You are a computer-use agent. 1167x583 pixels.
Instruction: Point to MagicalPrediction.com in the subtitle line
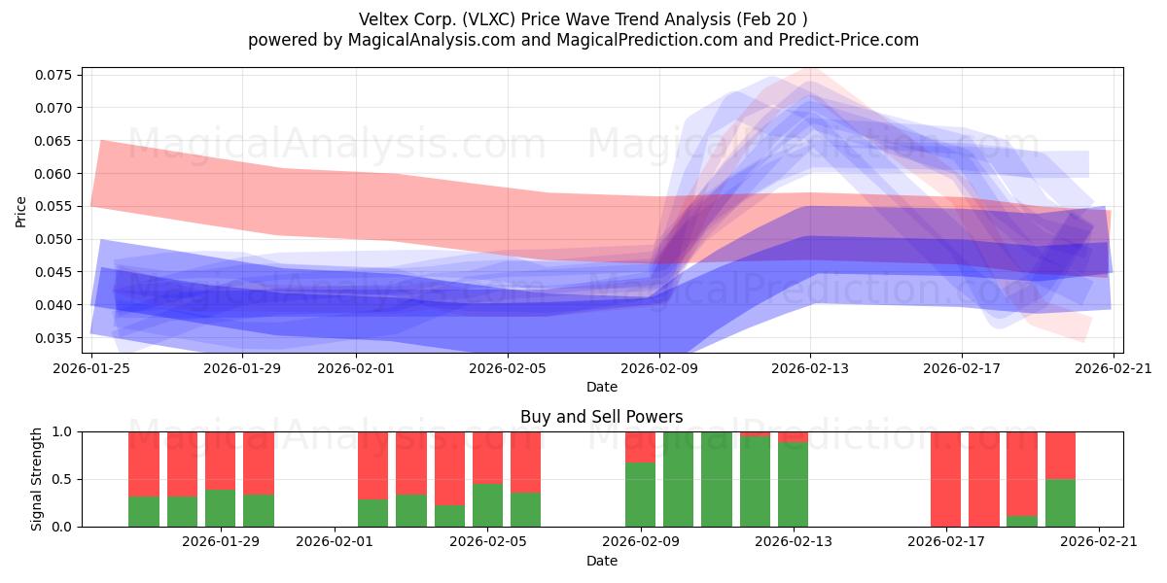point(647,40)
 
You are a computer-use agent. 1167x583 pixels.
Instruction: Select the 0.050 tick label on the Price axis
point(53,239)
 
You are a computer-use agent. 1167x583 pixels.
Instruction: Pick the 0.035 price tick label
point(53,338)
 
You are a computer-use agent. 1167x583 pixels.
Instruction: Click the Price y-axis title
point(20,212)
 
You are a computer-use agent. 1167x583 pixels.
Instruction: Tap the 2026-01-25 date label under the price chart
point(91,368)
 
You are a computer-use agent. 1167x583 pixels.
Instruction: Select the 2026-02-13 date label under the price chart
point(810,368)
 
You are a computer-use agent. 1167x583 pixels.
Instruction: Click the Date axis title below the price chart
point(602,387)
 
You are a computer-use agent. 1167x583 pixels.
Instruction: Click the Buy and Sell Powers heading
point(602,417)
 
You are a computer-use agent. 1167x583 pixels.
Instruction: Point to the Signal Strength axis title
point(36,479)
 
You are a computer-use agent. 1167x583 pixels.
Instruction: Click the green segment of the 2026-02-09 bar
point(640,495)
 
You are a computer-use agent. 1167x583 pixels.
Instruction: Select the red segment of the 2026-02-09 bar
point(640,447)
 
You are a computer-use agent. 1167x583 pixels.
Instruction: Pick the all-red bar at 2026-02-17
point(946,479)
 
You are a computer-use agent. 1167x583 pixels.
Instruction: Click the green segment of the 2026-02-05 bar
point(487,505)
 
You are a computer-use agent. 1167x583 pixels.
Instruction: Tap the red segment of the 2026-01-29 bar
point(221,461)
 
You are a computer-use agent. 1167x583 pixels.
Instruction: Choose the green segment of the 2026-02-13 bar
point(793,485)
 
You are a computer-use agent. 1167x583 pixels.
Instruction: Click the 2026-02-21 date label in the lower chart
point(1099,542)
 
